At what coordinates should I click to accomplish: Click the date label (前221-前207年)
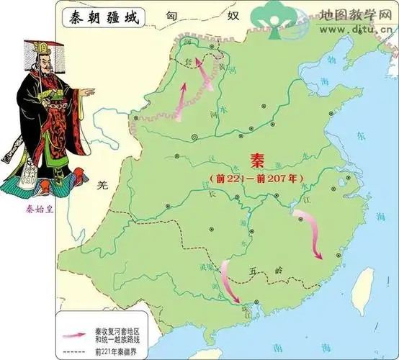[x=256, y=177]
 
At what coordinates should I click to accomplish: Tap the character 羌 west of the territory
[x=102, y=185]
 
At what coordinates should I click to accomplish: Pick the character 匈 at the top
[x=171, y=15]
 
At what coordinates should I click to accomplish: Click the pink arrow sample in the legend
[x=74, y=333]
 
